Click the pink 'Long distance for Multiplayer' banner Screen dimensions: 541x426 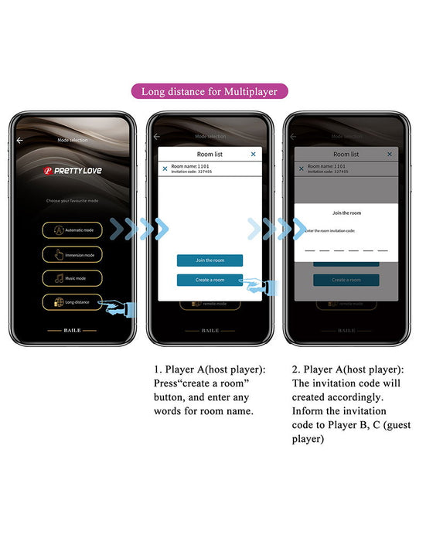pyautogui.click(x=213, y=91)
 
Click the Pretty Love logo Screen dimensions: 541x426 pyautogui.click(x=72, y=170)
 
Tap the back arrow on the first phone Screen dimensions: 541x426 pyautogui.click(x=19, y=140)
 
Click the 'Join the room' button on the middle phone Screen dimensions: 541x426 pyautogui.click(x=210, y=260)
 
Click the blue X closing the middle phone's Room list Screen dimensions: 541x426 pyautogui.click(x=253, y=154)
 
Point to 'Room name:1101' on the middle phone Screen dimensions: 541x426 pyautogui.click(x=189, y=166)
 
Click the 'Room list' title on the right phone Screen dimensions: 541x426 pyautogui.click(x=346, y=154)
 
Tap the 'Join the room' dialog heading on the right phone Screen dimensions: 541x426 pyautogui.click(x=346, y=213)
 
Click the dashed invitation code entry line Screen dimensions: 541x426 pyautogui.click(x=346, y=250)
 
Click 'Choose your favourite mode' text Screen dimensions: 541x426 pyautogui.click(x=73, y=200)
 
